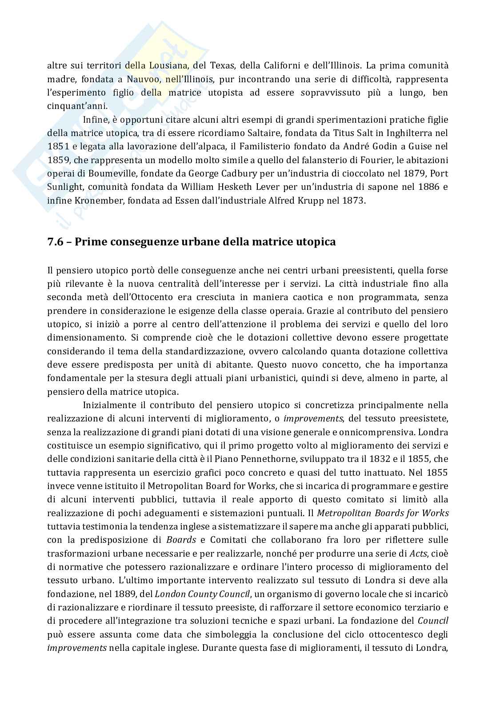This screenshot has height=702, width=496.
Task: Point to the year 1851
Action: coord(57,146)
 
